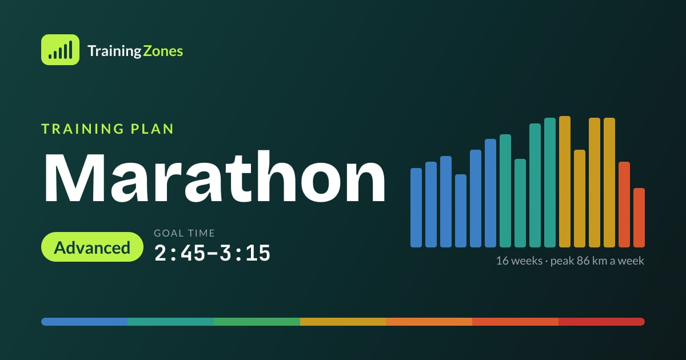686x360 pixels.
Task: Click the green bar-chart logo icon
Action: pos(61,50)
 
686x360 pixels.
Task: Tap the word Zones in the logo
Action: pos(163,51)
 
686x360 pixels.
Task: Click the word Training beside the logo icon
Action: pos(114,51)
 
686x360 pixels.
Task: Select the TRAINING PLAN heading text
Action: pos(107,129)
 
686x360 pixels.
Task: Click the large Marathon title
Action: pos(214,178)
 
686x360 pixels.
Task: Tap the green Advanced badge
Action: pos(92,247)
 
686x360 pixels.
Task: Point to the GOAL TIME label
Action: pos(184,233)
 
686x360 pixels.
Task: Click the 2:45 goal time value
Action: pos(180,253)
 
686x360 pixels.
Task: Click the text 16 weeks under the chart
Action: pos(520,261)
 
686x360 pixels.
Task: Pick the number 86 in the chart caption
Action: pos(583,261)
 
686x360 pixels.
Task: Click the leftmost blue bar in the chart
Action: pos(416,207)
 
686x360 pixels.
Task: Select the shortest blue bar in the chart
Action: pos(461,211)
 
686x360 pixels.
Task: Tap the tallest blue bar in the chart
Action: pos(490,193)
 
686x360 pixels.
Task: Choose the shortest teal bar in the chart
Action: pos(520,203)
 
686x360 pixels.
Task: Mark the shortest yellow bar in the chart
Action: pos(580,199)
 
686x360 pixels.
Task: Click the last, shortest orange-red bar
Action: pos(639,218)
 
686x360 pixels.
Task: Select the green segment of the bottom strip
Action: pos(257,322)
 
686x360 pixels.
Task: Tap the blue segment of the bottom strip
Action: pos(85,322)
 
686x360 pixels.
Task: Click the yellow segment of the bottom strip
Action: pos(343,322)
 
